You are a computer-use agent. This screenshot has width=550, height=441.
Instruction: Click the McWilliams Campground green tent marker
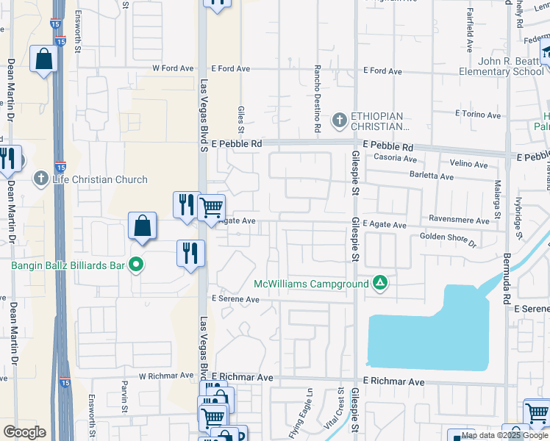click(380, 283)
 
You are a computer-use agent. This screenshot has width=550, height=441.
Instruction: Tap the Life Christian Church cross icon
click(41, 179)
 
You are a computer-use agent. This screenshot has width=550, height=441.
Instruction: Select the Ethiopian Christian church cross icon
click(340, 119)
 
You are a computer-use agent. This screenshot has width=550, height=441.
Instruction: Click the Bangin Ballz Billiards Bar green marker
click(136, 265)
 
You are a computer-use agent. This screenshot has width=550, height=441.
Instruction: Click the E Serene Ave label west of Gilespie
click(236, 299)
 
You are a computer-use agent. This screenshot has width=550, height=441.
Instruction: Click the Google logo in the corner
click(24, 431)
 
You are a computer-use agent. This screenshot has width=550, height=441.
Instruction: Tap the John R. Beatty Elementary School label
click(500, 66)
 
